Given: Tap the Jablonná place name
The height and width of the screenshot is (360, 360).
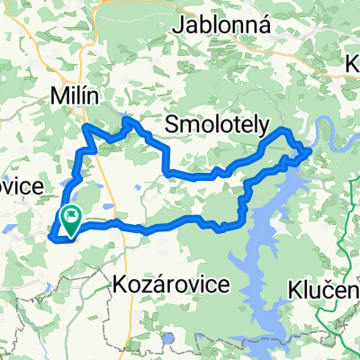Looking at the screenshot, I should [x=221, y=24].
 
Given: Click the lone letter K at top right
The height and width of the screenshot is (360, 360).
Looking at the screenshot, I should [x=353, y=64].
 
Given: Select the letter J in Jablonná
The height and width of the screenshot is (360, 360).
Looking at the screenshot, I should [x=180, y=25].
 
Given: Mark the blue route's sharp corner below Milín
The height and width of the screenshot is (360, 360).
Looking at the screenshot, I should [x=85, y=128].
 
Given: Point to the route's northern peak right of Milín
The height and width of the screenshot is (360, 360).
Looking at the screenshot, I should [x=127, y=119].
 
